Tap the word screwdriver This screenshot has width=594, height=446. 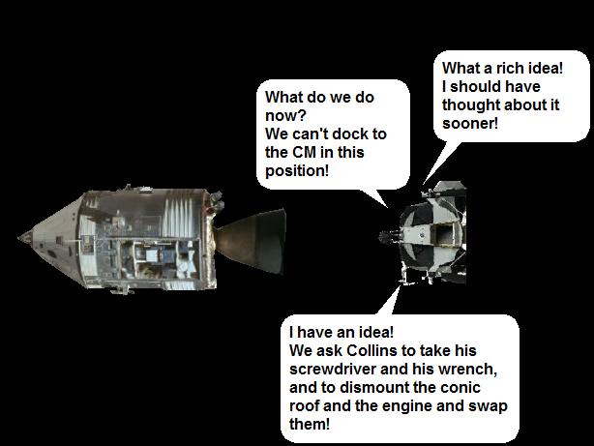click(332, 369)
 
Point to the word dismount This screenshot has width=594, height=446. click(374, 387)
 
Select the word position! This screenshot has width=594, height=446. click(297, 171)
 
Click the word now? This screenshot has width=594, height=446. click(285, 115)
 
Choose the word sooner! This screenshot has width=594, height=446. click(470, 124)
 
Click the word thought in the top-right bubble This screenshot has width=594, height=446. click(471, 104)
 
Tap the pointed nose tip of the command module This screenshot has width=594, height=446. click(19, 238)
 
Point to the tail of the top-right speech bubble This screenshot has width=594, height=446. click(441, 163)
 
